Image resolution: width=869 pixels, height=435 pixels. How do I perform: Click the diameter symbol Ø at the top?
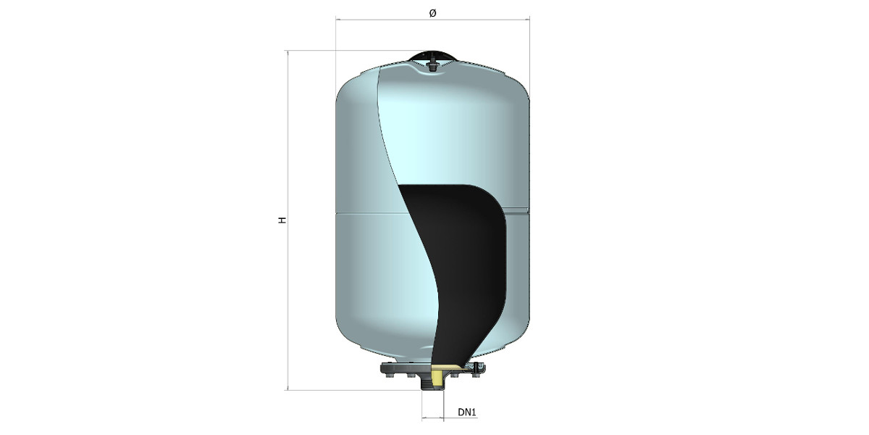point(432,13)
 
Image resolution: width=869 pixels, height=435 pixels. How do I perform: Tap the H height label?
point(282,220)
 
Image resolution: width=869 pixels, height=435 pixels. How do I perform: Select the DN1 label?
point(466,412)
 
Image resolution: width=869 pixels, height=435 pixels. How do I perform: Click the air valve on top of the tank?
point(432,65)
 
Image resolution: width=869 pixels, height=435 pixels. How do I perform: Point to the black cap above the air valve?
point(432,55)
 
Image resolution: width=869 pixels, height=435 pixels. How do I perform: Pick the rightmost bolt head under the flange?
point(475,376)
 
